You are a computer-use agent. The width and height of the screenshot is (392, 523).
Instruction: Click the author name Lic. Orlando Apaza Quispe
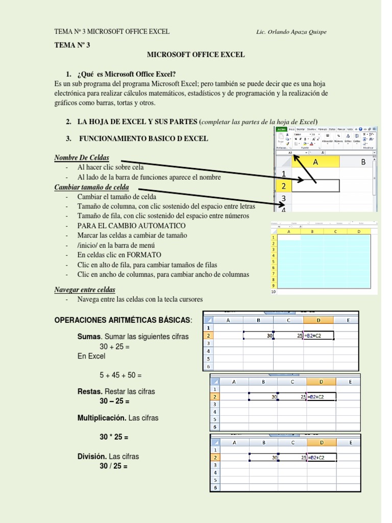coord(291,32)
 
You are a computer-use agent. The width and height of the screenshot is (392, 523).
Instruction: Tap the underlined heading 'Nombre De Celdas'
coord(81,157)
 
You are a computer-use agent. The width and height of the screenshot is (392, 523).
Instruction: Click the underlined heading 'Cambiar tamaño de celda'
coord(91,187)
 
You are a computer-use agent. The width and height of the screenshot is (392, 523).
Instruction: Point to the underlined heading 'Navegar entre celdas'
coord(85,290)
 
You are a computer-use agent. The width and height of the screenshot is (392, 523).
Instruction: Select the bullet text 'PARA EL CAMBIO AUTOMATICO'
coord(131,226)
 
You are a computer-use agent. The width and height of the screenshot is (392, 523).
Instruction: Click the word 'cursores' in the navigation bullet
coord(190,299)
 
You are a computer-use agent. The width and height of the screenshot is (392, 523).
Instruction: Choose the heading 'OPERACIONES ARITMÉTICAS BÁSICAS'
coord(123,320)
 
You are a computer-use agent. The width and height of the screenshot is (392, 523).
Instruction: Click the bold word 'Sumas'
coord(89,337)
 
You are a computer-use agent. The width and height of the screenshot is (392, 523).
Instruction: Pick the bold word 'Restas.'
coord(90,391)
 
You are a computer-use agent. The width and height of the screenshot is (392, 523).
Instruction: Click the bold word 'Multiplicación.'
coord(102,418)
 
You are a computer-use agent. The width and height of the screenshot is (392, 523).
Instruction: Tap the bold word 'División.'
coord(92,456)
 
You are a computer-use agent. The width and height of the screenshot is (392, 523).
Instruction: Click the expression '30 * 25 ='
coord(114,437)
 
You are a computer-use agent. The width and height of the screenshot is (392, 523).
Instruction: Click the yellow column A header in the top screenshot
coord(315,162)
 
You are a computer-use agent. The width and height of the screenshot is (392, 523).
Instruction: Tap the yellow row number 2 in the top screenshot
coord(283,186)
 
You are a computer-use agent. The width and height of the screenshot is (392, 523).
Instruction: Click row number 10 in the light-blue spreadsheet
coord(273,292)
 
